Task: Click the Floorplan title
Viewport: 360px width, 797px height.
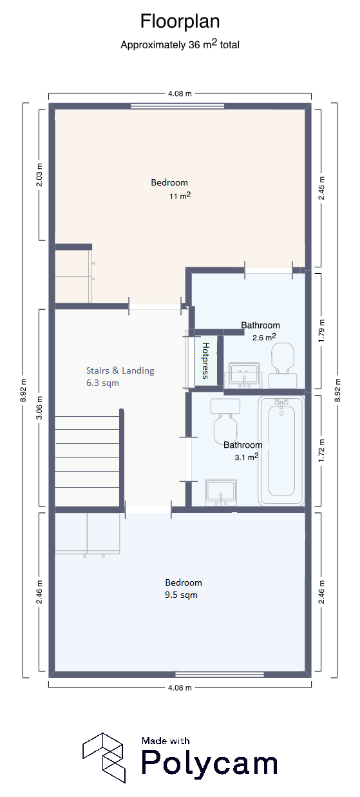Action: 180,21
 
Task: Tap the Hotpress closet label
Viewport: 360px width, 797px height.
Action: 205,360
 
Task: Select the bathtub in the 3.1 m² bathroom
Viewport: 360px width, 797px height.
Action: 281,450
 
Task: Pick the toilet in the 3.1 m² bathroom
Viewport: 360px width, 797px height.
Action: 225,421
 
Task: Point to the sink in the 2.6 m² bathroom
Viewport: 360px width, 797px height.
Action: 244,376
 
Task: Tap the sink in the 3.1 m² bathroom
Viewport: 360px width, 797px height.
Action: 221,492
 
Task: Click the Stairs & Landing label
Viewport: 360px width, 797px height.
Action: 120,370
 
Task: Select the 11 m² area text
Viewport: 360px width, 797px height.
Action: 180,196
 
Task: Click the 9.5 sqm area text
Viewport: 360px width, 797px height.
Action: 181,595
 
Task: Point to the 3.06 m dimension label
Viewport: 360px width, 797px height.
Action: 39,408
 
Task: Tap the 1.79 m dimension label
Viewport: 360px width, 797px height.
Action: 321,331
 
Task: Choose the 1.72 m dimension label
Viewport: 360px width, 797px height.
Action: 321,450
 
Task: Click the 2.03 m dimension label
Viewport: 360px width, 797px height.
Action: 39,175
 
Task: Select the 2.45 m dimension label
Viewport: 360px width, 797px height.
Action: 321,188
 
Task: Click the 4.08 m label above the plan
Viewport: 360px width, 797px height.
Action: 180,93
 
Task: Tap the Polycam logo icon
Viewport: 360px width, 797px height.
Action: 104,758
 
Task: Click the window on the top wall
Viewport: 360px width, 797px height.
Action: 178,106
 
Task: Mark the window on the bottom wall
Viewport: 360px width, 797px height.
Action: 220,674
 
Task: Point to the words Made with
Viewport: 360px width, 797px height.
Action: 166,741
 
